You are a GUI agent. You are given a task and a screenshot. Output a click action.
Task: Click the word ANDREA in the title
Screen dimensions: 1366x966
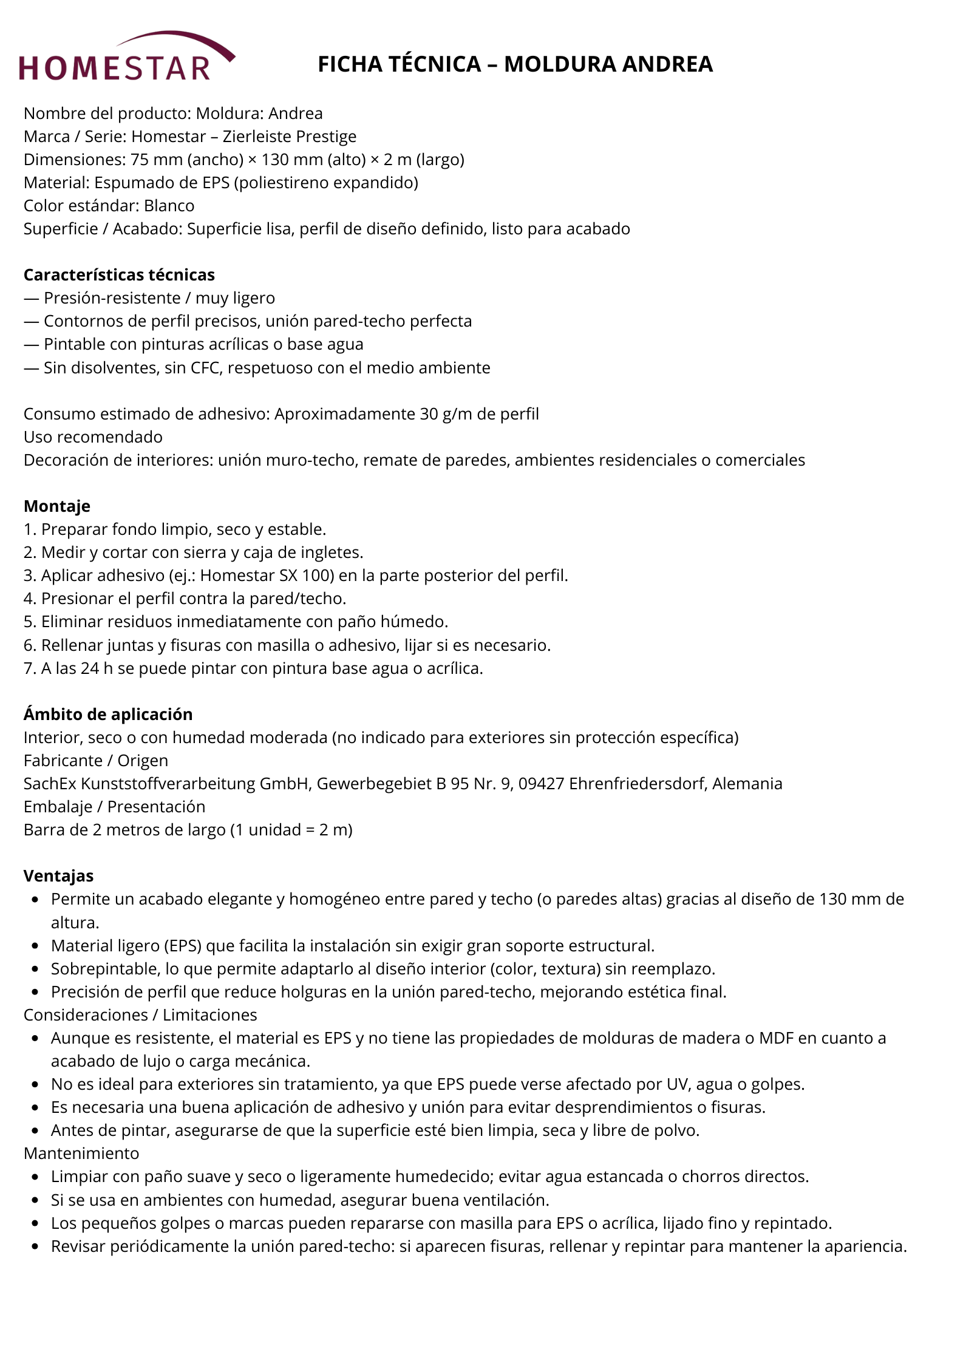pyautogui.click(x=667, y=64)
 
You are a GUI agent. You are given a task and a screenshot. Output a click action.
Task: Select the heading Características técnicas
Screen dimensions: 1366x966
pyautogui.click(x=119, y=275)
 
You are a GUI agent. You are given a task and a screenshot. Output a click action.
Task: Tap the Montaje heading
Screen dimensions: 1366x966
pyautogui.click(x=57, y=506)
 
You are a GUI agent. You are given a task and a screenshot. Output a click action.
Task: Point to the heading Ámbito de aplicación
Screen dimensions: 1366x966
pyautogui.click(x=108, y=714)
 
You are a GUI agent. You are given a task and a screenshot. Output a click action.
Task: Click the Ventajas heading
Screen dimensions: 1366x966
pyautogui.click(x=58, y=875)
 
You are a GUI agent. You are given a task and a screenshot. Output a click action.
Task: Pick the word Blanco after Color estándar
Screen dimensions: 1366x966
pyautogui.click(x=169, y=206)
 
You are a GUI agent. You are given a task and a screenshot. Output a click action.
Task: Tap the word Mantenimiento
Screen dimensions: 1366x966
pyautogui.click(x=81, y=1154)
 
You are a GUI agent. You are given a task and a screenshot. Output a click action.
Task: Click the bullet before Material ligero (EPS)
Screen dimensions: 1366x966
pyautogui.click(x=36, y=946)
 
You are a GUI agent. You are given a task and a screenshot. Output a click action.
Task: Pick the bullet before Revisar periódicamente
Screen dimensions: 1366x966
pyautogui.click(x=36, y=1246)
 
